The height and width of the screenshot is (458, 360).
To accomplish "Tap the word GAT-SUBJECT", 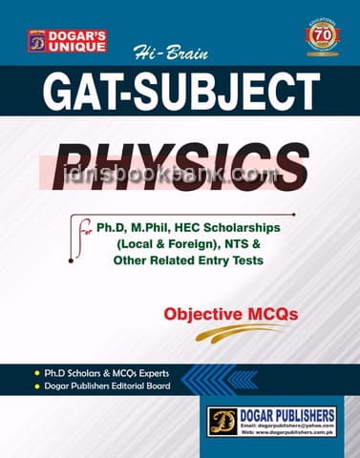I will [x=180, y=93].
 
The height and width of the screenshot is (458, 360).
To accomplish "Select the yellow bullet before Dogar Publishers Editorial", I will [x=35, y=385].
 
